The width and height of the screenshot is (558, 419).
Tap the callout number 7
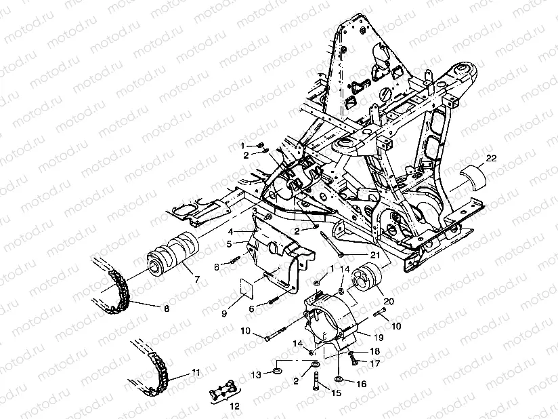click(x=196, y=279)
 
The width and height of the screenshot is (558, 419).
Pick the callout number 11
click(x=196, y=372)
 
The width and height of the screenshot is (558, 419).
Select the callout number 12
click(x=234, y=407)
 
